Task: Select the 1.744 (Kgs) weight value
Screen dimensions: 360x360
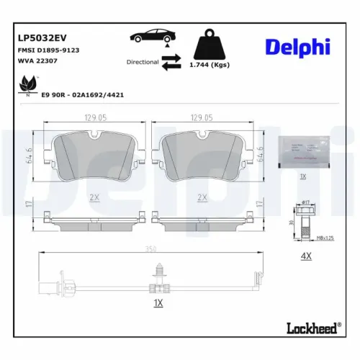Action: click(208, 66)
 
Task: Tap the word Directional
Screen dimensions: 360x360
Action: click(142, 62)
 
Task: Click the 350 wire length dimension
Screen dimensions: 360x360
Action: click(150, 250)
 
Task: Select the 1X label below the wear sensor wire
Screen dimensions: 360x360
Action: click(158, 303)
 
